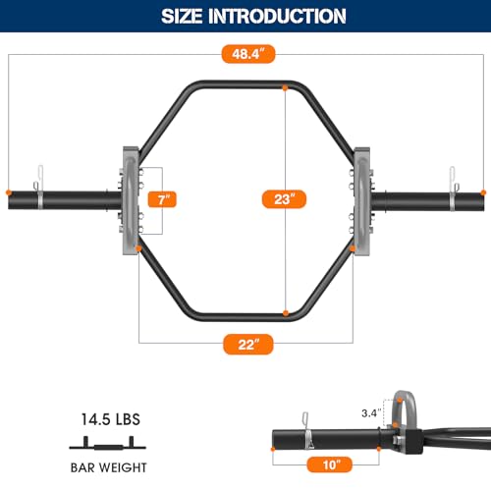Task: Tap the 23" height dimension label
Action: click(x=284, y=199)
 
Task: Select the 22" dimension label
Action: click(x=245, y=345)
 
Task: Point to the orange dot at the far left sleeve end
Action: click(x=8, y=191)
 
